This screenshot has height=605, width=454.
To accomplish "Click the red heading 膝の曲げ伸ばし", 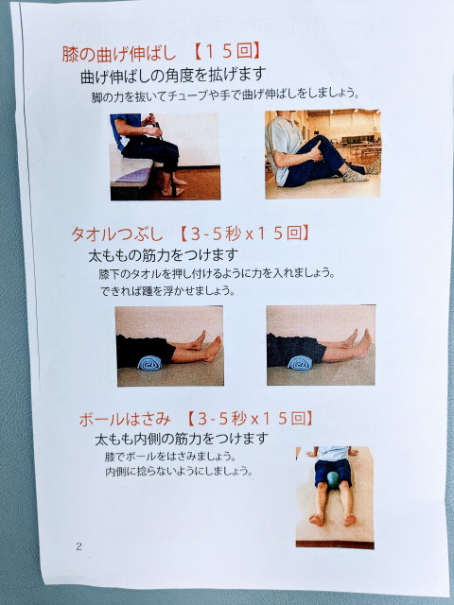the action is click(119, 54).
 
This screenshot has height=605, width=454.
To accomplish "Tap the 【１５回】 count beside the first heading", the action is click(227, 52).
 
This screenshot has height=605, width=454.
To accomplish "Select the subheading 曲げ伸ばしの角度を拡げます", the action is click(173, 75).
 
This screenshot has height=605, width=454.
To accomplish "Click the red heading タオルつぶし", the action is click(117, 234).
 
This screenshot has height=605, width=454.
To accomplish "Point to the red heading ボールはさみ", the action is click(125, 419).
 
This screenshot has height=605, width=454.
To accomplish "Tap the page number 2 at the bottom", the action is click(79, 546).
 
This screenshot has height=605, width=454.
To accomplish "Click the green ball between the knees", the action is click(333, 479).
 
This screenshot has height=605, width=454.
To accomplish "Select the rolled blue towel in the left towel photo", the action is click(150, 363).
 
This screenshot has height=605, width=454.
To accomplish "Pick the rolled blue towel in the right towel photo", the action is click(300, 363).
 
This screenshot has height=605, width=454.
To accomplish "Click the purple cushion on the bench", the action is click(134, 176).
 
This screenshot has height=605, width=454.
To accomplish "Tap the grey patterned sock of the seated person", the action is click(355, 176).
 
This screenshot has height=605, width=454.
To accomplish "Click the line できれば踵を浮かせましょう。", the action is click(168, 291).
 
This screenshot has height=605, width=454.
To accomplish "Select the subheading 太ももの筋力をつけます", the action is click(164, 255).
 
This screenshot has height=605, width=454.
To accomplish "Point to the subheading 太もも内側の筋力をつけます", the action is click(182, 439).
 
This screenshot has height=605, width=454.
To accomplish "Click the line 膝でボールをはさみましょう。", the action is click(170, 457).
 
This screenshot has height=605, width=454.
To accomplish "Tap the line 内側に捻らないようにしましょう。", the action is click(179, 472).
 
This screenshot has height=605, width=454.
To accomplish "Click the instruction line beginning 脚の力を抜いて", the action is click(226, 95).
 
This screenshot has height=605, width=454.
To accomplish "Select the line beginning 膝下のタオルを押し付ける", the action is click(217, 273).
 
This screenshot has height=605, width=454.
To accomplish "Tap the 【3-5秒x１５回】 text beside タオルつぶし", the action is click(244, 233).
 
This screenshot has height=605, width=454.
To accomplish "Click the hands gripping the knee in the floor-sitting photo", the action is click(315, 151).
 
